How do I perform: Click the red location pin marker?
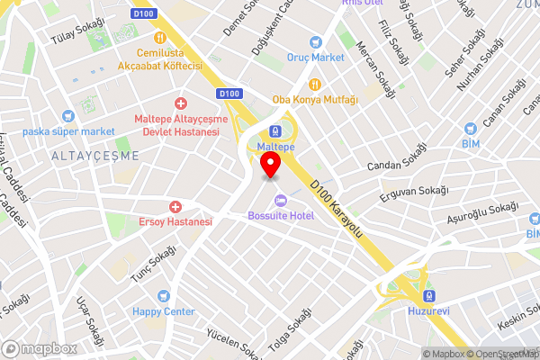(x=270, y=166)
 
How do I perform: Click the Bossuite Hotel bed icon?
(x=280, y=200)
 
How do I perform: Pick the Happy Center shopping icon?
(x=163, y=296)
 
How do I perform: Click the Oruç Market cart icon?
(x=315, y=41)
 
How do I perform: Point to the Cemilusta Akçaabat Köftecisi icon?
(x=161, y=38)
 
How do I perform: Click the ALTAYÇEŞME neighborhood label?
(x=95, y=155)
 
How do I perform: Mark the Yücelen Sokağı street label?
(x=233, y=343)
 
